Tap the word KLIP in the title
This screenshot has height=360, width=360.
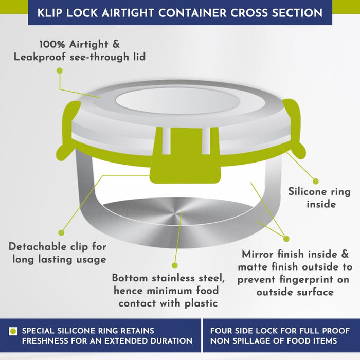coord(50,13)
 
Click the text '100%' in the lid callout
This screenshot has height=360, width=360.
coord(52,44)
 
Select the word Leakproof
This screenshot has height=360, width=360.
coord(40,57)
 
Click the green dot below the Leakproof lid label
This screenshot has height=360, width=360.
coord(60,71)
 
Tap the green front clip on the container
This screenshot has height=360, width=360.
coord(186,156)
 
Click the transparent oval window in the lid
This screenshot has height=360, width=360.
coord(177,101)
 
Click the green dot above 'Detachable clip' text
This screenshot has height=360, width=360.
coord(61,233)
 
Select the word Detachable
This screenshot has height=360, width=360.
coord(38,247)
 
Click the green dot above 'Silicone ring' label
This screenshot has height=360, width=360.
coord(316,182)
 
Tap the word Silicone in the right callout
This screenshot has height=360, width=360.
coord(308,192)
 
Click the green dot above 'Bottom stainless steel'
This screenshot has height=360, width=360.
coord(175,266)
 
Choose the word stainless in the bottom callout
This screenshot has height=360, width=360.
coord(173,278)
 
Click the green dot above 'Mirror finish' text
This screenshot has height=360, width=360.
coord(286,239)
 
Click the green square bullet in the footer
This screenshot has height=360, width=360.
coord(13,331)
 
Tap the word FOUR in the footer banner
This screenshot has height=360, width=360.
coord(221,331)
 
